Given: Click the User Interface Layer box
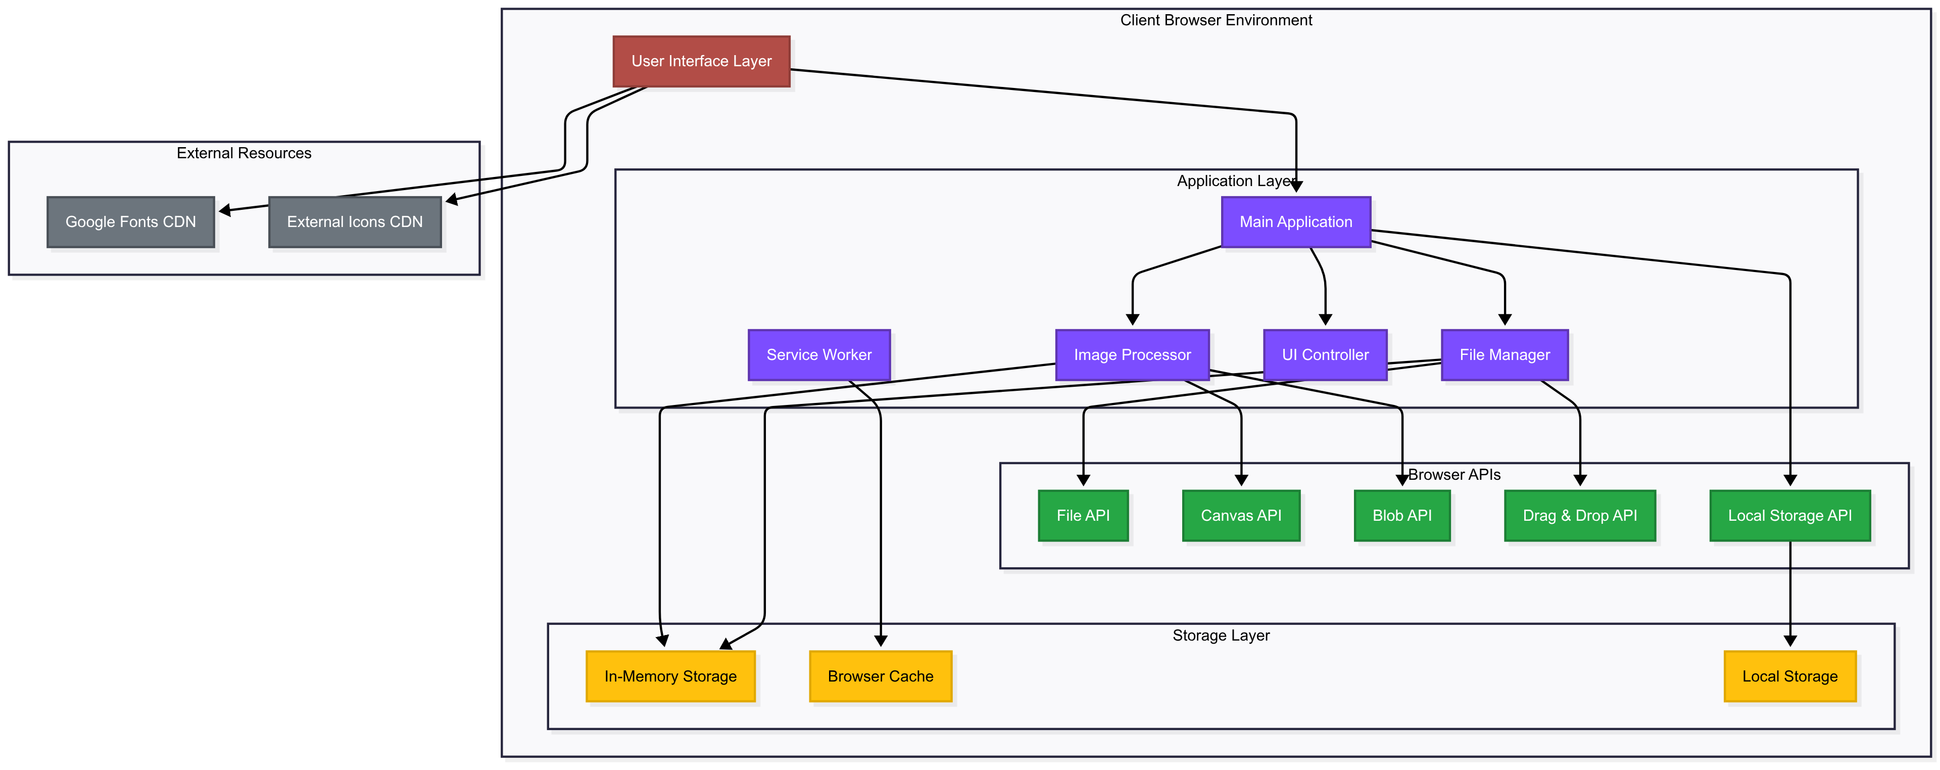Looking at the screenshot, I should pos(701,61).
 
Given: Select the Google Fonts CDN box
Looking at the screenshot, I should pos(130,221).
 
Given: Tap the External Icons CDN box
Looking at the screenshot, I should pos(355,221).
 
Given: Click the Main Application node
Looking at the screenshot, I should pos(1295,221).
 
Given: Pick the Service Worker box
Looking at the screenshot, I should pos(818,355).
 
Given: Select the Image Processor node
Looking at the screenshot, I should pos(1132,355).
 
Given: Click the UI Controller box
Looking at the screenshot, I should pos(1325,355).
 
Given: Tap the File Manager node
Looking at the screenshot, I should pos(1504,355).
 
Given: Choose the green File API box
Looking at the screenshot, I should pos(1083,515).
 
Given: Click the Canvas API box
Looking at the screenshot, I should pos(1240,515).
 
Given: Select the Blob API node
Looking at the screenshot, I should pos(1401,515).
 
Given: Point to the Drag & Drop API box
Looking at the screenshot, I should pos(1579,515).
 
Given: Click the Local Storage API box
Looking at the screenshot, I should pos(1789,515).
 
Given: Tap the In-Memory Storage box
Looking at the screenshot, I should pos(670,676).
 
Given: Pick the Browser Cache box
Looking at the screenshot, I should pos(881,676).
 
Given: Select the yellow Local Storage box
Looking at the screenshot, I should pos(1789,676).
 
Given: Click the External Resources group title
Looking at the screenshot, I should pos(243,153).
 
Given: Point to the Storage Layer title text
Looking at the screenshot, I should pos(1220,635).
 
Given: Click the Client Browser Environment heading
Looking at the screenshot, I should pos(1216,20).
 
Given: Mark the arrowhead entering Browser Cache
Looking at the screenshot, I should pos(881,641).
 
